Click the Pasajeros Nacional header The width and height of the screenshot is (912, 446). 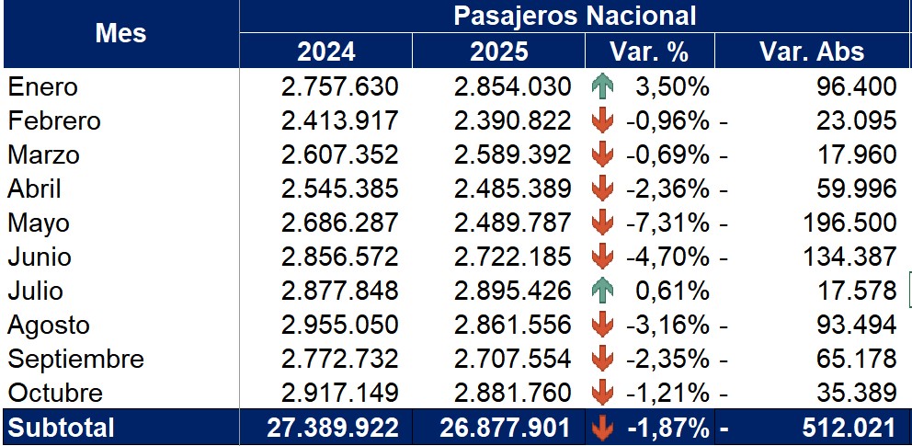[575, 16]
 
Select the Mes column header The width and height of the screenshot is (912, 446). [120, 34]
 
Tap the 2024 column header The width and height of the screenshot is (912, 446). [325, 51]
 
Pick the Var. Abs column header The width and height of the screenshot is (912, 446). [812, 51]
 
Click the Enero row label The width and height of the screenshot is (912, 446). [43, 87]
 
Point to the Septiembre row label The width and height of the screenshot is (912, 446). [76, 359]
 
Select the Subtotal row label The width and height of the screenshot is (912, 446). [62, 428]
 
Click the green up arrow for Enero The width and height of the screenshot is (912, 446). [602, 87]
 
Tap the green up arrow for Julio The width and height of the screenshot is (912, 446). [602, 292]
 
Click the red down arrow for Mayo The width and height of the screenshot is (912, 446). [602, 223]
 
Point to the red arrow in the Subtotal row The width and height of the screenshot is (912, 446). [602, 428]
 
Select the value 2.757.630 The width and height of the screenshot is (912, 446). [339, 87]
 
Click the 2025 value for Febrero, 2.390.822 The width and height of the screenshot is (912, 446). [512, 121]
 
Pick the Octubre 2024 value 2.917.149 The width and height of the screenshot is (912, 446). [339, 394]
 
